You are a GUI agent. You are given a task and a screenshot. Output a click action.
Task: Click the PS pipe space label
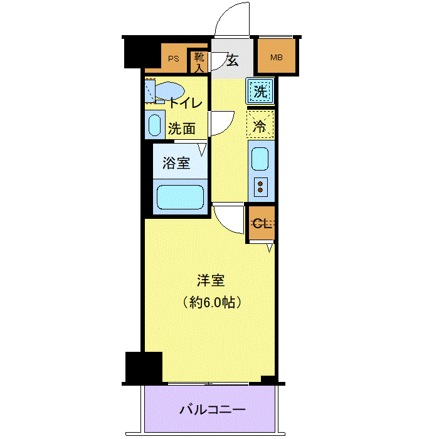[x=173, y=59]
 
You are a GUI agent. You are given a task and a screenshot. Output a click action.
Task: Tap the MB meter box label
[x=277, y=58]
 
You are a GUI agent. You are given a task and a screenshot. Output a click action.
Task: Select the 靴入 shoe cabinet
[x=199, y=62]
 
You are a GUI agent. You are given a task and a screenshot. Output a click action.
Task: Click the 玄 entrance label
[x=233, y=60]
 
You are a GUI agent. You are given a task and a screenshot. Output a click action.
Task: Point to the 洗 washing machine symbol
[x=260, y=91]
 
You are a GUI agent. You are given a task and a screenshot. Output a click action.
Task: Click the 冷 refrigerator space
[x=260, y=124]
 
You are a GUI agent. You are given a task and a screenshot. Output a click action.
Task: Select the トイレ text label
[x=186, y=103]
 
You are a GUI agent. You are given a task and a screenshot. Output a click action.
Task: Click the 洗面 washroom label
[x=181, y=129]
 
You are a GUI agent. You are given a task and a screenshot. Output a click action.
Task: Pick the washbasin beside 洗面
[x=154, y=125]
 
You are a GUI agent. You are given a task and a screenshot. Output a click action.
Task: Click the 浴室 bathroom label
[x=176, y=162]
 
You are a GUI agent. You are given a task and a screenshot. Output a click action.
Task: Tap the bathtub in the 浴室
[x=180, y=197]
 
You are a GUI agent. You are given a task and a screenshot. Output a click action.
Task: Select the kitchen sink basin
[x=260, y=159]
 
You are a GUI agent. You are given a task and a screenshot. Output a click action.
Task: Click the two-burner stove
[x=261, y=187]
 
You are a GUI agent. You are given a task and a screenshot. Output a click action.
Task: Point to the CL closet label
[x=262, y=223]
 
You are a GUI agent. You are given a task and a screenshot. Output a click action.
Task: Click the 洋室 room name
[x=211, y=281]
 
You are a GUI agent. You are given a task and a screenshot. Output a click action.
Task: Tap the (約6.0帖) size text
[x=212, y=302]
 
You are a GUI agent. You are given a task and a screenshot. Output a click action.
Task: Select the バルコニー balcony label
[x=213, y=410]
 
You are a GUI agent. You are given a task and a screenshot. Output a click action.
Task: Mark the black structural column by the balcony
[x=144, y=368]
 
